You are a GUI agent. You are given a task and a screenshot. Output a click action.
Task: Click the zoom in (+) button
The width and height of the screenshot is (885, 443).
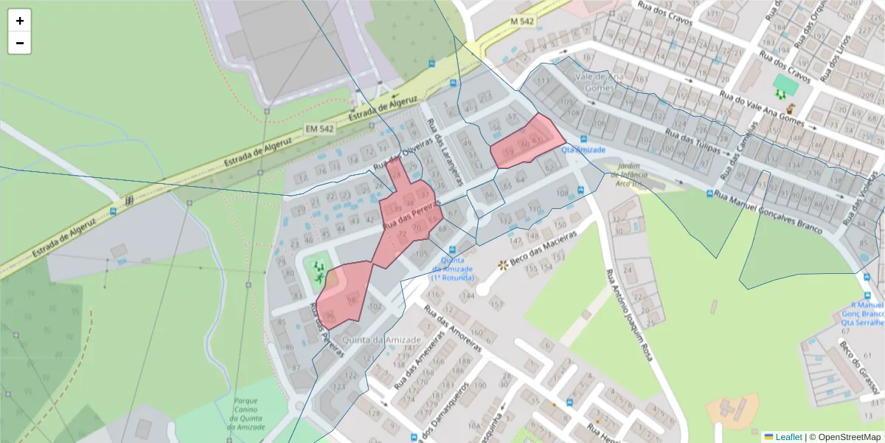20,21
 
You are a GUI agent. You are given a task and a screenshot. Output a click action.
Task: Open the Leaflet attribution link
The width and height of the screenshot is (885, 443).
788,436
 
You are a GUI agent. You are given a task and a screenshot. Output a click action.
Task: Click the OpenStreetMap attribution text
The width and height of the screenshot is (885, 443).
844,436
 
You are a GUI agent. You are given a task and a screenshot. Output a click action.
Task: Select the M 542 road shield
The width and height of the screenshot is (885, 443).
522,22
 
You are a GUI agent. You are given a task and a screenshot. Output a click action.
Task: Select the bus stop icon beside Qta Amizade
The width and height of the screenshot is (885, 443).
583,138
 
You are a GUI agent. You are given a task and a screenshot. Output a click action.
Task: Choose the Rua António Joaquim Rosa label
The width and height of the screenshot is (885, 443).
629,314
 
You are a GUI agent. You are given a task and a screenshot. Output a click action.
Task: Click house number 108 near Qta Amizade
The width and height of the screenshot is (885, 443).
563,193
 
